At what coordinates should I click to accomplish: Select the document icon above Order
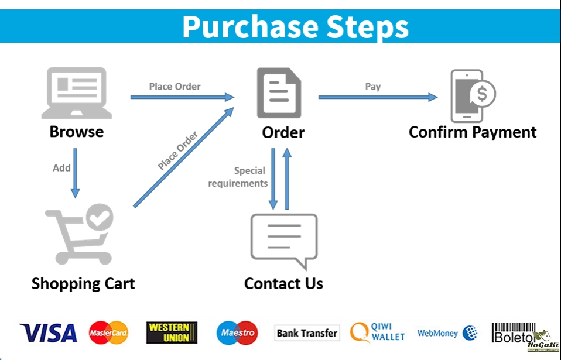tap(279, 93)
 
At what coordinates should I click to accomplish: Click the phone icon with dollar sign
tap(472, 95)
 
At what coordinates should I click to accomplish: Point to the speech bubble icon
tap(284, 241)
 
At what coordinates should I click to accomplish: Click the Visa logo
tap(49, 333)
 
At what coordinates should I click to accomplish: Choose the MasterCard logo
tap(108, 333)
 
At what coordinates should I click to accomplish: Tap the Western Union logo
tap(172, 332)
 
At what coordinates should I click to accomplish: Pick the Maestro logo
tap(237, 333)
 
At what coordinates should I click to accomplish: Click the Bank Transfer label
tap(307, 333)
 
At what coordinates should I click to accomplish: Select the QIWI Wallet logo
tap(378, 332)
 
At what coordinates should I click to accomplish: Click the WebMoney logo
tap(447, 333)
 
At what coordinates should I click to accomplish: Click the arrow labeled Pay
tap(378, 97)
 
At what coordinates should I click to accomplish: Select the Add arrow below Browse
tap(75, 175)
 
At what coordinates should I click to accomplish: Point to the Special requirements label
tap(238, 177)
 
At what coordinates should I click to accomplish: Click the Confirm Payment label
tap(473, 132)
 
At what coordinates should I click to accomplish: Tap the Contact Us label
tap(283, 284)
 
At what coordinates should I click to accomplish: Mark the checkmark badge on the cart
tap(100, 217)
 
